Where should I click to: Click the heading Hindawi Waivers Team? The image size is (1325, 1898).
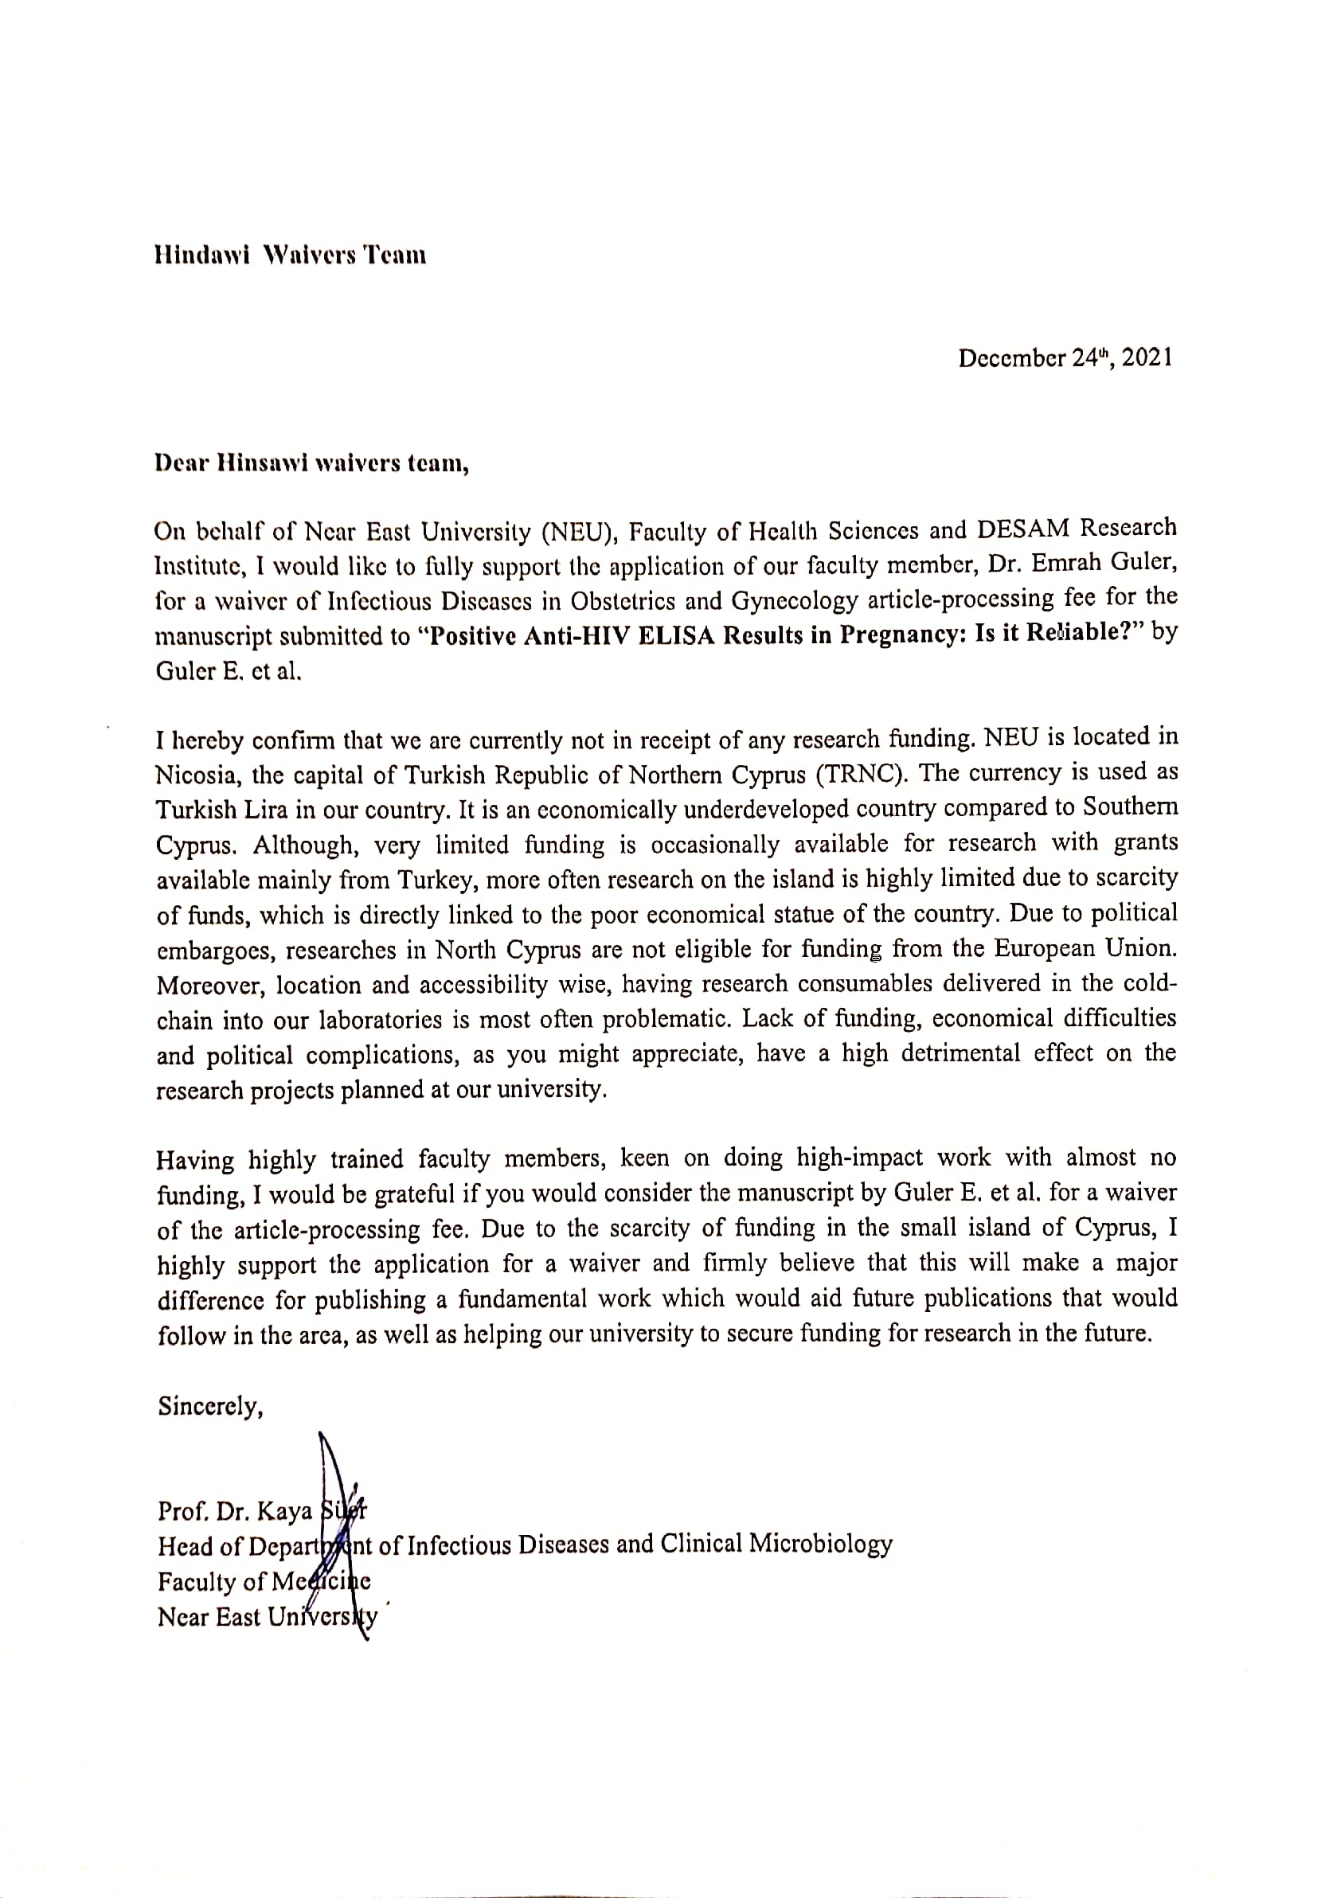click(x=290, y=256)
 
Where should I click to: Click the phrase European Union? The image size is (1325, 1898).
click(x=1085, y=948)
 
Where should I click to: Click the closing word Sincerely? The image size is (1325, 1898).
click(x=211, y=1406)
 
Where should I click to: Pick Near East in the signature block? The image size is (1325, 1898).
click(x=209, y=1617)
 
